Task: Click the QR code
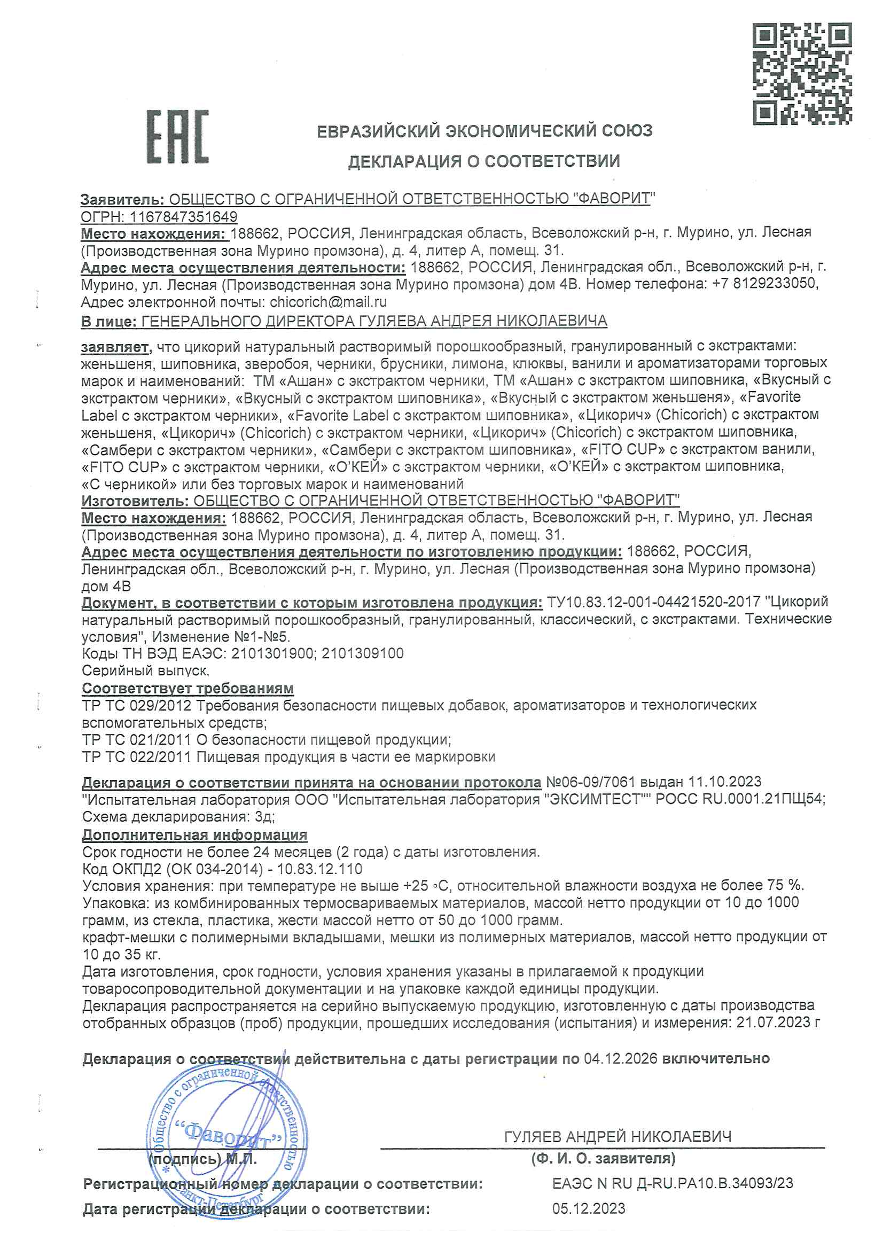click(x=802, y=74)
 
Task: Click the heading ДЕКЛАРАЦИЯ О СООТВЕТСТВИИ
click(x=483, y=161)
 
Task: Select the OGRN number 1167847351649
click(x=183, y=216)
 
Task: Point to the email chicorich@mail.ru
click(x=328, y=301)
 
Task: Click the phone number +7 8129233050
click(x=763, y=284)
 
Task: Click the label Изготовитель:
click(x=135, y=500)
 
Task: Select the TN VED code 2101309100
click(x=362, y=653)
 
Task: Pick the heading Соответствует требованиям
click(x=187, y=688)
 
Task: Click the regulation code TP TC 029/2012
click(x=137, y=706)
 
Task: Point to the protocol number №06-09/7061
click(x=590, y=782)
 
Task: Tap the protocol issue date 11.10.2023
click(x=725, y=782)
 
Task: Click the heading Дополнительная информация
click(x=194, y=834)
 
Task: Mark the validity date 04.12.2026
click(x=620, y=1059)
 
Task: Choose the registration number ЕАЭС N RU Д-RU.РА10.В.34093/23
click(x=673, y=1183)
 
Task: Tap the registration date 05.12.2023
click(x=589, y=1209)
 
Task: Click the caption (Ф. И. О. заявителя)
click(x=603, y=1158)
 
